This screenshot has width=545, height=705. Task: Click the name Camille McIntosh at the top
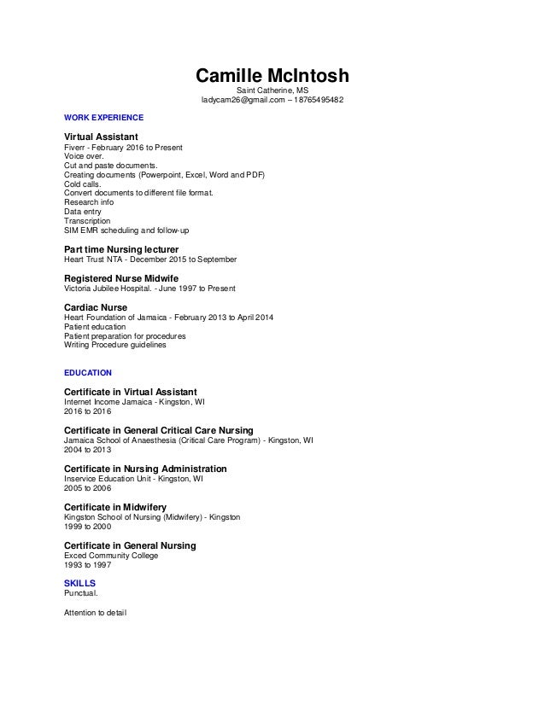pyautogui.click(x=272, y=76)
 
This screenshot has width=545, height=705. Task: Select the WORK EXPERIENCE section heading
pyautogui.click(x=104, y=117)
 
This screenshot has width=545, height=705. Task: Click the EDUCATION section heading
pyautogui.click(x=88, y=373)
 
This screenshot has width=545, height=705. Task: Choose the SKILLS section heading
pyautogui.click(x=79, y=583)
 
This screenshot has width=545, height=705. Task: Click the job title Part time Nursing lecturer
pyautogui.click(x=121, y=249)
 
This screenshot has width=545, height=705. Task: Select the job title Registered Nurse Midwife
pyautogui.click(x=122, y=278)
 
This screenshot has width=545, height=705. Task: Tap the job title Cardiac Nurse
pyautogui.click(x=96, y=307)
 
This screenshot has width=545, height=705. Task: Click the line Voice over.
pyautogui.click(x=84, y=156)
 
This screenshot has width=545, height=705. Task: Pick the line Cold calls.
pyautogui.click(x=83, y=184)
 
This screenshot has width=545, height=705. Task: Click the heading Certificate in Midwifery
pyautogui.click(x=116, y=507)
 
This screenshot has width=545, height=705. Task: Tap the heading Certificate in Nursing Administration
pyautogui.click(x=145, y=469)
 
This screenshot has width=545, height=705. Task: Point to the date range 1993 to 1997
pyautogui.click(x=88, y=565)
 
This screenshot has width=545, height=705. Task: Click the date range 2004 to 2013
pyautogui.click(x=88, y=449)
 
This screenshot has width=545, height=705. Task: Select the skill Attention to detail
pyautogui.click(x=95, y=611)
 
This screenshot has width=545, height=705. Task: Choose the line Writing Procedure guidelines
pyautogui.click(x=116, y=345)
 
